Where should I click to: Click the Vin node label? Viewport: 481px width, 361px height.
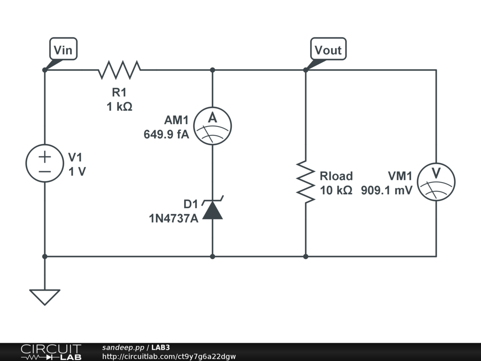tap(63, 50)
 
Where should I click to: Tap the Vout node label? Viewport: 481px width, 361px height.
tap(328, 50)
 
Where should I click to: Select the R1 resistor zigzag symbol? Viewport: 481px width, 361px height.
tap(119, 70)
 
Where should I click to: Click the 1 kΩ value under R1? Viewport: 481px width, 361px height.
tap(119, 107)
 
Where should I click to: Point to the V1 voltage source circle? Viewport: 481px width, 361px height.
tap(45, 163)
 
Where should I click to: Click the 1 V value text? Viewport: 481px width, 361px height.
tap(78, 172)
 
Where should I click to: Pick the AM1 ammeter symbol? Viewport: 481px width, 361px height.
tap(213, 126)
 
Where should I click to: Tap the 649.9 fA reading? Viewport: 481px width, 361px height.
tap(166, 134)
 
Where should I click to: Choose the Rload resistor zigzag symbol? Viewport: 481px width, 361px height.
tap(306, 182)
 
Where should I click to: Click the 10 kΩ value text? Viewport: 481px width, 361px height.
tap(336, 190)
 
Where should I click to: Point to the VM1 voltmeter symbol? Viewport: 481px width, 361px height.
tap(436, 182)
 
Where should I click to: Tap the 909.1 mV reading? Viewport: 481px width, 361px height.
tap(387, 190)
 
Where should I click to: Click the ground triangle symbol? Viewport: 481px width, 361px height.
tap(45, 297)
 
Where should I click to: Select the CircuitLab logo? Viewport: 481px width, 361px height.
tap(51, 352)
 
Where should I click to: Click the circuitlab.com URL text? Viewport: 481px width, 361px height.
tap(169, 356)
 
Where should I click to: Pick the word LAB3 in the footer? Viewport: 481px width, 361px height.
tap(161, 347)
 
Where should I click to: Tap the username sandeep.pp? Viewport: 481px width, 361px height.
tap(123, 347)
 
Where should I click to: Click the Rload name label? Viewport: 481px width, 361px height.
tap(336, 176)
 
